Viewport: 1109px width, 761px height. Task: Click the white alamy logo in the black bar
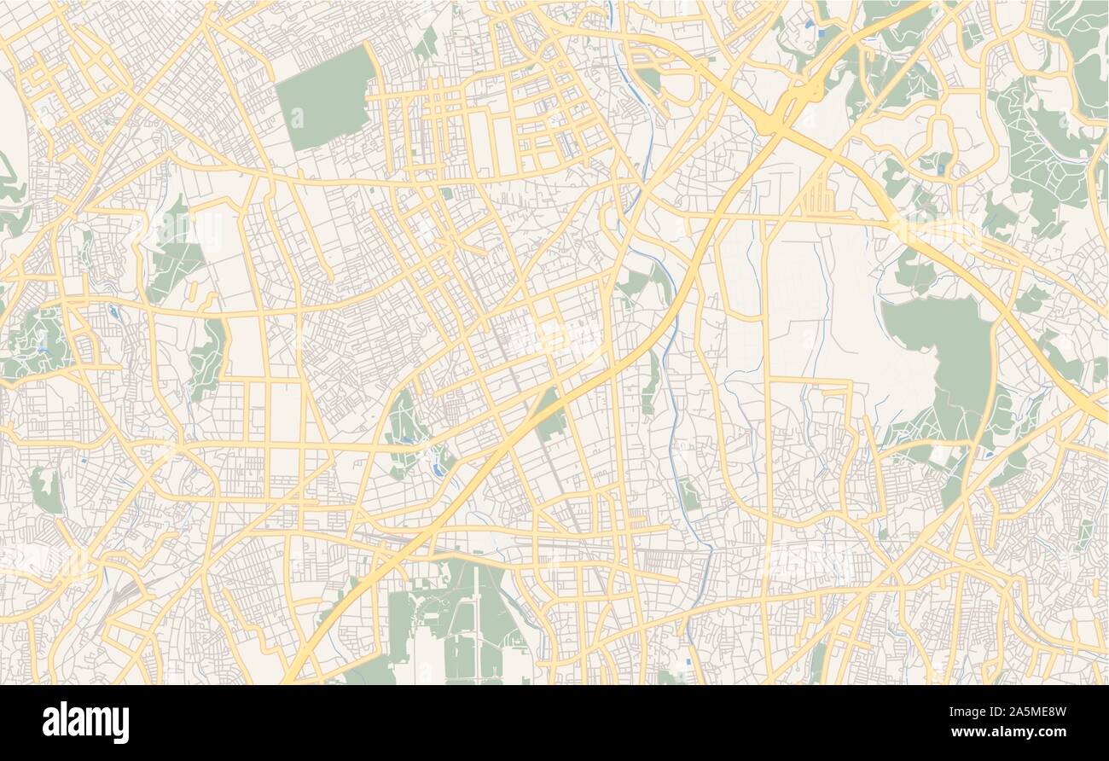coord(85,722)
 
